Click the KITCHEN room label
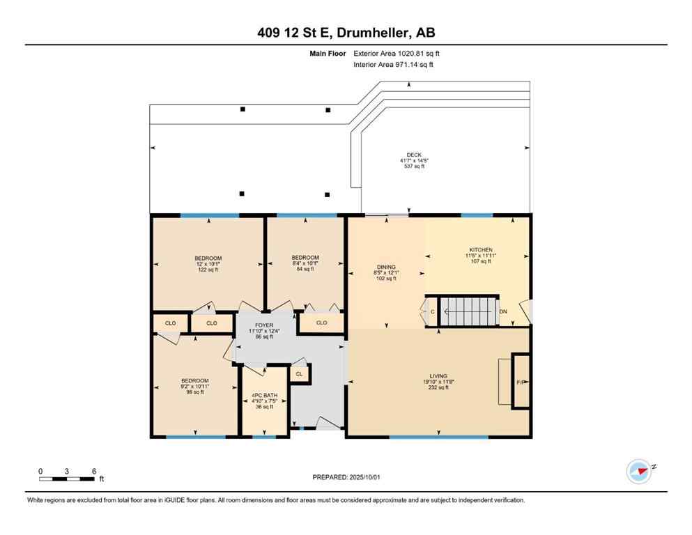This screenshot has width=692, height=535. pos(480,250)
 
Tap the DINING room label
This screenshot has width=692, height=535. pos(386,267)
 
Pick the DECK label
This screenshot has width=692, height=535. pos(414,155)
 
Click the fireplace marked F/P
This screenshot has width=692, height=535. pos(520,382)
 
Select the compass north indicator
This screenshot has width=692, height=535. pos(638,472)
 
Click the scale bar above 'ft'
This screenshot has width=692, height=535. pos(67,478)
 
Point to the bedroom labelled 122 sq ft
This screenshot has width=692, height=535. pos(208,258)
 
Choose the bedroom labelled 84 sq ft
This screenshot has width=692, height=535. pos(305,258)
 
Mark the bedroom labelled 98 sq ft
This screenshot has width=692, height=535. pos(195,380)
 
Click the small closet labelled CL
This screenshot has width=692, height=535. pos(300,374)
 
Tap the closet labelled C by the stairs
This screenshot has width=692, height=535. pos(432,311)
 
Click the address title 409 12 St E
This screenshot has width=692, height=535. pos(346,33)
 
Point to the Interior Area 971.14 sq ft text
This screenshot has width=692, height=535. pos(393,64)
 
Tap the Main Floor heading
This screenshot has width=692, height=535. pos(328,53)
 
